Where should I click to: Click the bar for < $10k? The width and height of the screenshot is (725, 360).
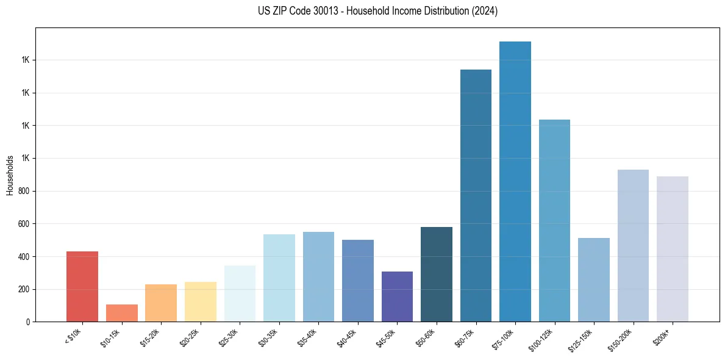pyautogui.click(x=82, y=286)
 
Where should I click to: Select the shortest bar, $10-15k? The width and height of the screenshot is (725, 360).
pyautogui.click(x=122, y=313)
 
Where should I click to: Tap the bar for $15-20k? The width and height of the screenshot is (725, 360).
pyautogui.click(x=161, y=303)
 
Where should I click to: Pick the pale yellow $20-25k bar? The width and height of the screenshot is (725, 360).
pyautogui.click(x=201, y=301)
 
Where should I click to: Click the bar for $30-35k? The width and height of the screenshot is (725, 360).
pyautogui.click(x=279, y=278)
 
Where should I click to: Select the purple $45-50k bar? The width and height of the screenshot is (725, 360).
pyautogui.click(x=397, y=297)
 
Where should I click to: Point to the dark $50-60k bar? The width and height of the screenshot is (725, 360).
pyautogui.click(x=437, y=274)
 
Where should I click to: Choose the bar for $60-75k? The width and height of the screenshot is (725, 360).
pyautogui.click(x=476, y=195)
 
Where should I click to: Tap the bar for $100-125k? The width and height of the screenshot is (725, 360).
pyautogui.click(x=554, y=220)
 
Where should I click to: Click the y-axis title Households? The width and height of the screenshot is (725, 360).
pyautogui.click(x=10, y=175)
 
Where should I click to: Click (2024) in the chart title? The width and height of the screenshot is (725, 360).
pyautogui.click(x=485, y=11)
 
